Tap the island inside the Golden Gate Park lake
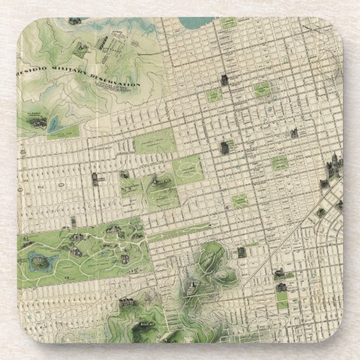pyautogui.click(x=35, y=258)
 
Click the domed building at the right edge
pyautogui.click(x=334, y=164)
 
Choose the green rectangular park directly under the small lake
pyautogui.click(x=63, y=129)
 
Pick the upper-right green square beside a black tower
pyautogui.click(x=263, y=90)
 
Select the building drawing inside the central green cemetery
pyautogui.click(x=162, y=181)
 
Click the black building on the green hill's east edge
pyautogui.click(x=241, y=253)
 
